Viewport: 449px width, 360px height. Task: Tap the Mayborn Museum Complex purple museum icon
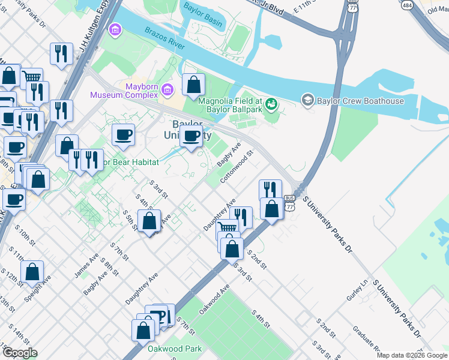point(167,90)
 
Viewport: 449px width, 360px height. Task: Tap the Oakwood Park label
point(175,348)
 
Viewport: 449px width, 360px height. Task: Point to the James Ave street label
point(86,265)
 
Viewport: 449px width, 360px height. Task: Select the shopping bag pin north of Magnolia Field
point(193,85)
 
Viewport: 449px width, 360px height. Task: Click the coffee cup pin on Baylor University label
point(191,136)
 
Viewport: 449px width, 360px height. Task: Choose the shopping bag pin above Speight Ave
point(32,271)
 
